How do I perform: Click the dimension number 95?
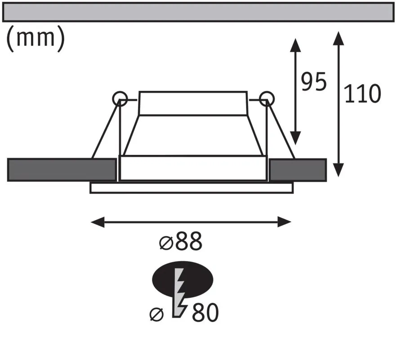314,81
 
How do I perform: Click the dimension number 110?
362,94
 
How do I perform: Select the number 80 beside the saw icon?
205,313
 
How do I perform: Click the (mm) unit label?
35,38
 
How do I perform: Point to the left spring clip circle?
120,99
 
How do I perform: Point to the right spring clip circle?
267,99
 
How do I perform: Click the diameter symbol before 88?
166,243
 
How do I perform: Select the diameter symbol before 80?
157,315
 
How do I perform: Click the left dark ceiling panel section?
62,170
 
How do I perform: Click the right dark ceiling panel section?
298,170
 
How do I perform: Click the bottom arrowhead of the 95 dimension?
295,138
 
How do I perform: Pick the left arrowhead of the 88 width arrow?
98,222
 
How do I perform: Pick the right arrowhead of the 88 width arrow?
284,222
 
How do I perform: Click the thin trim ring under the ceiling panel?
192,188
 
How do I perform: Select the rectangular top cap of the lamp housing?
193,103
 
